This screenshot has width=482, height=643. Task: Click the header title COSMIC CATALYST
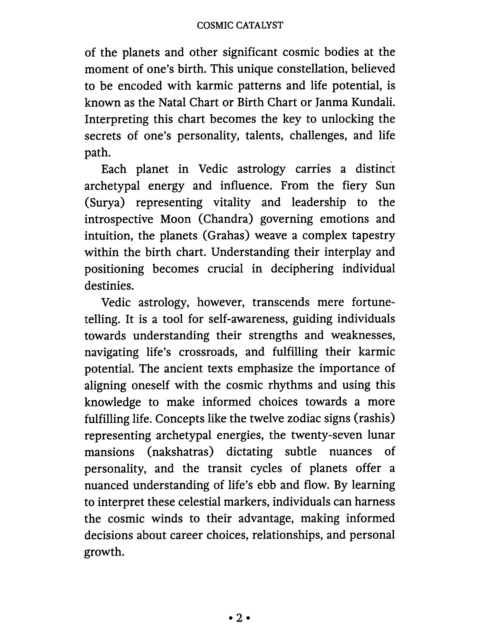point(240,25)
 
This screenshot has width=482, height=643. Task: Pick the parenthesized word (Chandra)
point(225,219)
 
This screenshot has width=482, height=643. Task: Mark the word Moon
point(175,219)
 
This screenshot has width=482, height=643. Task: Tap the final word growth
point(104,552)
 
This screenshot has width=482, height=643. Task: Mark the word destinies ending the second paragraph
point(109,285)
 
